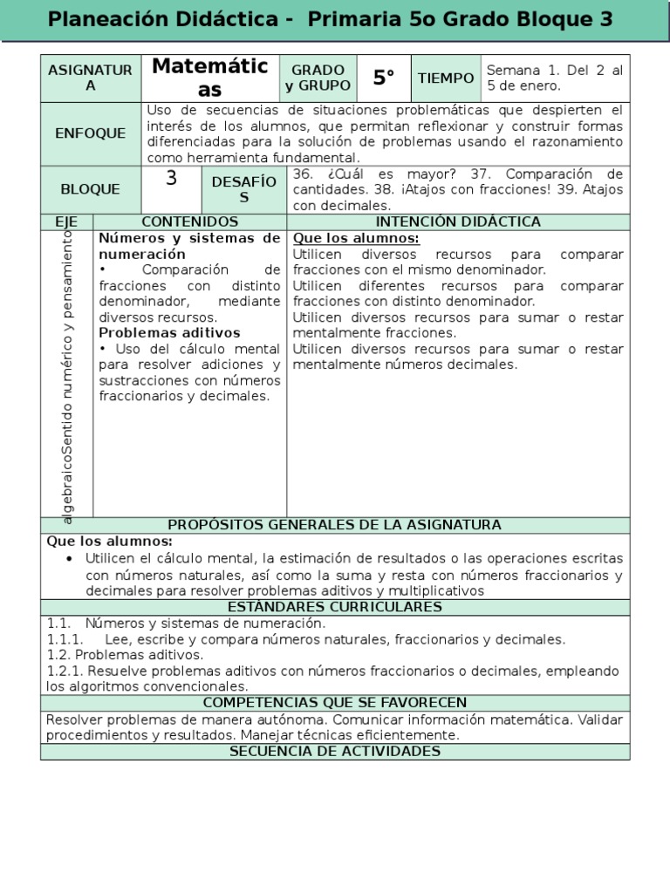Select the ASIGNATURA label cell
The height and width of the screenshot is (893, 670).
point(91,78)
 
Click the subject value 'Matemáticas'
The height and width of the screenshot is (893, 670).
point(209,78)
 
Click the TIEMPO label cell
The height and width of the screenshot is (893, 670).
point(446,78)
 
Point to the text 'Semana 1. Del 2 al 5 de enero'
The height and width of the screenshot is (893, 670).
point(554,78)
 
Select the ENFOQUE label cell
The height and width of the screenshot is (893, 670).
point(91,133)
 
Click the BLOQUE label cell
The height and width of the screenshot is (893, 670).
point(91,189)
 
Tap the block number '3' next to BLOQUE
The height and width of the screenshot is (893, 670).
point(171,180)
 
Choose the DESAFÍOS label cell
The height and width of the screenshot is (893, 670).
point(244,189)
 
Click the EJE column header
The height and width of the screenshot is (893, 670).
point(66,222)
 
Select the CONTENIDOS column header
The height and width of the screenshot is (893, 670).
point(189,222)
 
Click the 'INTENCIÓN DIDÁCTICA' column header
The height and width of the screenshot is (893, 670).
point(458,222)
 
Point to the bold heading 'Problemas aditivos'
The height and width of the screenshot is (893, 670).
point(169,333)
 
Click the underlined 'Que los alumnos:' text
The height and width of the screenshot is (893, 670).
point(356,239)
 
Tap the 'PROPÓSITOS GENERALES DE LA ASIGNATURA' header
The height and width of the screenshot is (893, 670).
point(334,525)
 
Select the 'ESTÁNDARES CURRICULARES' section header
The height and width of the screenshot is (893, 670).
point(334,608)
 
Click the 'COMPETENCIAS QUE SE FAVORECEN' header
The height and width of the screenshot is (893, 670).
point(334,703)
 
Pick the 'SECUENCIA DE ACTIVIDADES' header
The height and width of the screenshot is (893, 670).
point(334,752)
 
